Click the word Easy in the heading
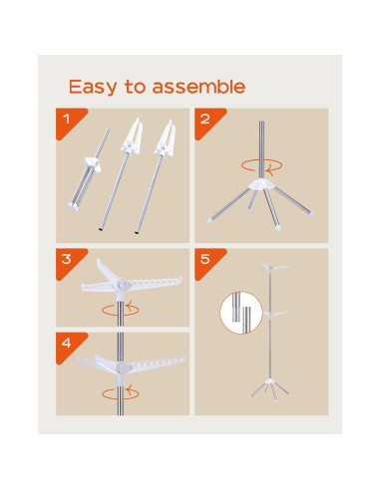tap(93, 87)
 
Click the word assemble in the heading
tap(198, 87)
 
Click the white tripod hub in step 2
tap(262, 184)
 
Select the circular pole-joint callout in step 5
tap(241, 313)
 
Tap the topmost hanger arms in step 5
tap(273, 267)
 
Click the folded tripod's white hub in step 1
tap(93, 164)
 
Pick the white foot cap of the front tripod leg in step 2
tap(277, 228)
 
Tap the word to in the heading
tap(135, 87)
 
